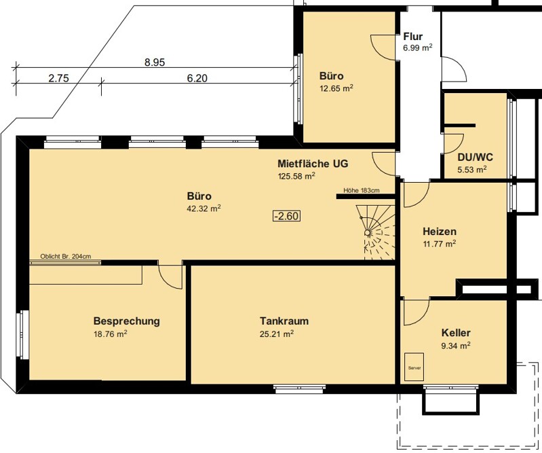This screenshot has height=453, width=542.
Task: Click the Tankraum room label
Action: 284,321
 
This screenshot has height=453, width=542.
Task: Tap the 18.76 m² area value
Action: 111,334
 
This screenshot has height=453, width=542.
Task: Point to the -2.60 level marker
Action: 286,216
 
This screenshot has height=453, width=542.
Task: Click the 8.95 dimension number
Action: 155,62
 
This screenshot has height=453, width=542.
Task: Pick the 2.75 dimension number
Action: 58,78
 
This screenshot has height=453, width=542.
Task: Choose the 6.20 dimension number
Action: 197,78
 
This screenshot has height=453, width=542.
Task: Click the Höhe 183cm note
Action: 361,190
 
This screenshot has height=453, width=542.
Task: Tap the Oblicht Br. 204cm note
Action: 66,257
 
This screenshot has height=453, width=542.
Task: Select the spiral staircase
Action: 376,232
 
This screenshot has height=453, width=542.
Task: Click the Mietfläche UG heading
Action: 313,163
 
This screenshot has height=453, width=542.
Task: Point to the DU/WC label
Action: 476,158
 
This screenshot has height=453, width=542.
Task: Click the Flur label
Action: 413,37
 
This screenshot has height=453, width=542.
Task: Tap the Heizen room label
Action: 440,231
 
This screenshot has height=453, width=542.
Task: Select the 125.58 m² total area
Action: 296,176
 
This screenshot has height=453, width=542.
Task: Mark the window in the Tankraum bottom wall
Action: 300,388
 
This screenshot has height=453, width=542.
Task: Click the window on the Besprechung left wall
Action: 23,335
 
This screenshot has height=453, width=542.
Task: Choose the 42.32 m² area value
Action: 204,209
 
